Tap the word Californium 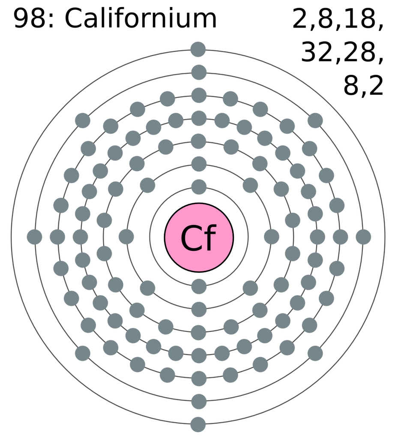coord(141,18)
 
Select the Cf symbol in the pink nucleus coord(199,238)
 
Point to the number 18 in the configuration coord(359,18)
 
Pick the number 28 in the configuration coord(359,52)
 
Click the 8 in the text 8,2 coord(352,85)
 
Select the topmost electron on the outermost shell coord(198,49)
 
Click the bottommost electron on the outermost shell coord(198,424)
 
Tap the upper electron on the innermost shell coord(199,187)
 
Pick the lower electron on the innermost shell coord(199,287)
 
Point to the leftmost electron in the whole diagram coord(34,237)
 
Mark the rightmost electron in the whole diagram coord(363,237)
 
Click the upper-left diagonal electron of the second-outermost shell coord(83,120)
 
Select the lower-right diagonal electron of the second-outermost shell coord(315,353)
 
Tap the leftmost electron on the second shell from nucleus coord(126,237)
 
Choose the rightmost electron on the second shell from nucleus coord(272,237)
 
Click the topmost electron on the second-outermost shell coord(199,72)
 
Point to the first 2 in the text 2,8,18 coord(300,18)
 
